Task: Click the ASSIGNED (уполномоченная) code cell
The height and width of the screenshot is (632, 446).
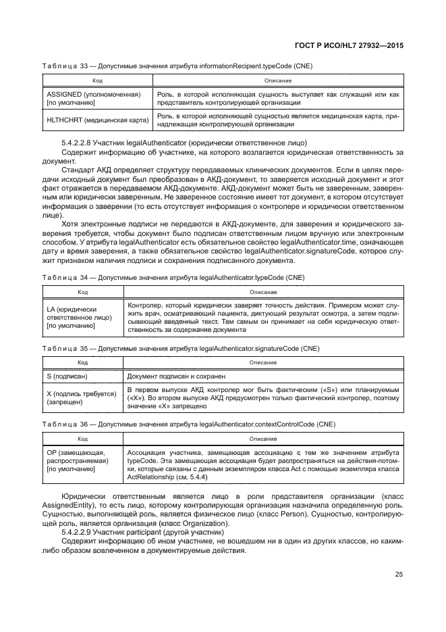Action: [x=92, y=98]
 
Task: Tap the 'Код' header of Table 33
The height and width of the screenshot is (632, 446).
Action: [x=98, y=80]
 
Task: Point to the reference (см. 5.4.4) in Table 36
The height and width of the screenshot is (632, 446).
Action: [x=188, y=477]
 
